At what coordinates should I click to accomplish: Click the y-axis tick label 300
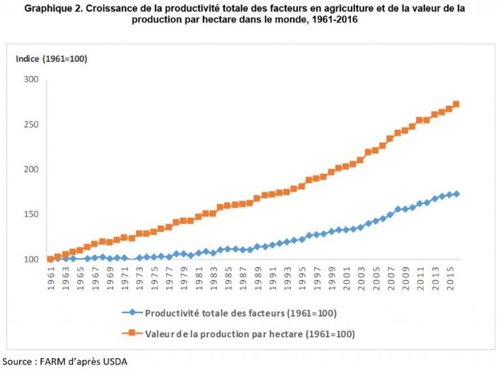31,80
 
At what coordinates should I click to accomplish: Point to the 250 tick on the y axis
31,125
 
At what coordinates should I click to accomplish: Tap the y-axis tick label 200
31,170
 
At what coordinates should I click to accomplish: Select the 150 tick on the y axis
31,215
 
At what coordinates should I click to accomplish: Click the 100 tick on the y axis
31,260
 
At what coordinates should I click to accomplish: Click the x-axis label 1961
51,277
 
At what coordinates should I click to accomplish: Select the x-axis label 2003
361,277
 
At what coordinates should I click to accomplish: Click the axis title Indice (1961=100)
51,59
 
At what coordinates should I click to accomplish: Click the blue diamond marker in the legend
133,313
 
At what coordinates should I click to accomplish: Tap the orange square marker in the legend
133,333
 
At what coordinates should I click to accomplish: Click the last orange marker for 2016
456,104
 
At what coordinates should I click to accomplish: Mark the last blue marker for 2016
456,194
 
